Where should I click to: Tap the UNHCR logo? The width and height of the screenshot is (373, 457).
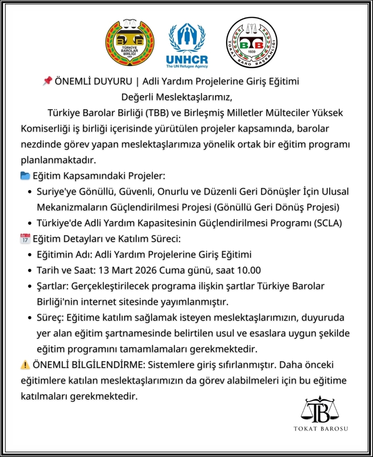pos(186,46)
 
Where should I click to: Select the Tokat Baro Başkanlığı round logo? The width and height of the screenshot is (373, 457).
pos(252,42)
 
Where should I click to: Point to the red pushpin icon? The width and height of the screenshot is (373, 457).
pos(47,81)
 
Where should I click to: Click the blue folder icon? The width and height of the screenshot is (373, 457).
pos(25,176)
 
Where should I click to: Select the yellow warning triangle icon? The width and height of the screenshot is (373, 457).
pos(25,365)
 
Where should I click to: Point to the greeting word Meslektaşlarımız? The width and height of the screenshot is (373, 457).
pos(196,97)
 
